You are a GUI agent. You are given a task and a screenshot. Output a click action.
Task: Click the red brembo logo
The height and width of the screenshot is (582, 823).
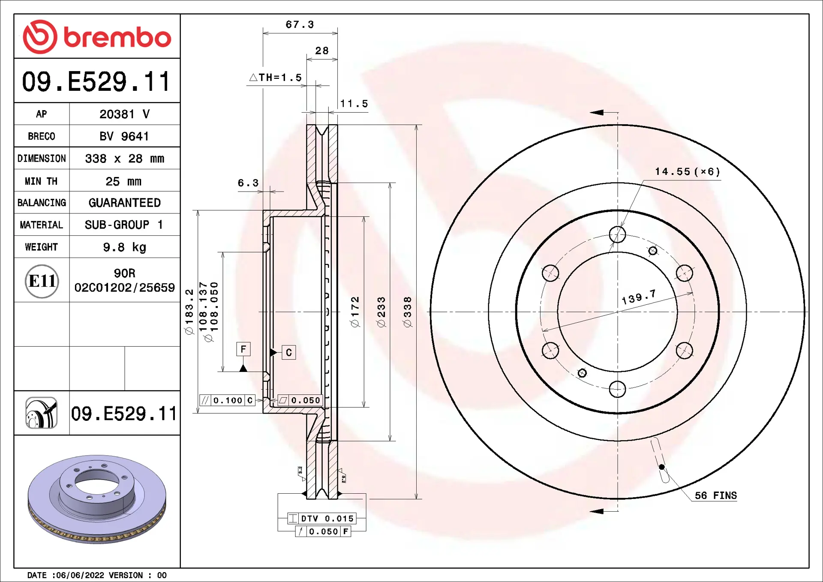[97, 37]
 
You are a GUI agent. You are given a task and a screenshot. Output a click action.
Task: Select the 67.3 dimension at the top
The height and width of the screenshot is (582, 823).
[300, 24]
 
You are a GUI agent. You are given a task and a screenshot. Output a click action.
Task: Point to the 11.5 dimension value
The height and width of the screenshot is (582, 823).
[354, 104]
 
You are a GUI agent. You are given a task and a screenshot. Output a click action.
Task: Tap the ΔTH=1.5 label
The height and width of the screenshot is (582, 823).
[276, 78]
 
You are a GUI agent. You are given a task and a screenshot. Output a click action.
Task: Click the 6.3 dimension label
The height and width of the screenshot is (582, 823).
[248, 183]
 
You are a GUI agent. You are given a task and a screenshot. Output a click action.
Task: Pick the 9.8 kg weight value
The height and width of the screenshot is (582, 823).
[125, 247]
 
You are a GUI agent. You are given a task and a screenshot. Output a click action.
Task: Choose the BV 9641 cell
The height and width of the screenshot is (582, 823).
[124, 136]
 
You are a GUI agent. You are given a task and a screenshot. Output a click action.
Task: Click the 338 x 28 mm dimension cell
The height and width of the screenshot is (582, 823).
[125, 159]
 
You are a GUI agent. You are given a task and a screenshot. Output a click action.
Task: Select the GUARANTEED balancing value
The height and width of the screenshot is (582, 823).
[125, 203]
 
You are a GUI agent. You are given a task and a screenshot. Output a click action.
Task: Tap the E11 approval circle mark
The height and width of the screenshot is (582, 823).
[42, 281]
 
